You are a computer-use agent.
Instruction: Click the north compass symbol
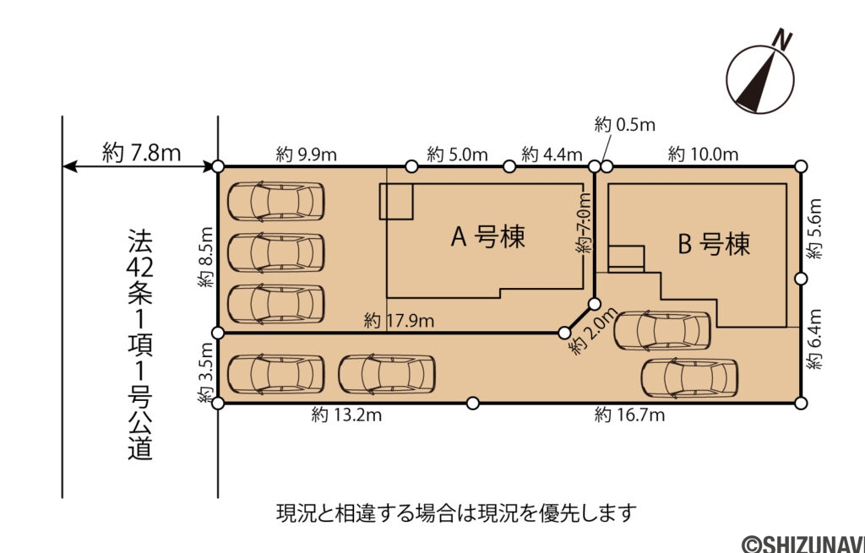click(759, 79)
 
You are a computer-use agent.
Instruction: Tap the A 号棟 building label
click(487, 237)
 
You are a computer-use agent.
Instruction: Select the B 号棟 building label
click(714, 245)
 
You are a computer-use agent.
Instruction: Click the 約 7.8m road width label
click(141, 152)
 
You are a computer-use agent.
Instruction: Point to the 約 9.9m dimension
click(307, 155)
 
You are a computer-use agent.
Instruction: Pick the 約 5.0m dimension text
click(457, 155)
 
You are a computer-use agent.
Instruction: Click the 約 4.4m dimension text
click(552, 155)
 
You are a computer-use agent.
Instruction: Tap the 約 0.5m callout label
click(625, 126)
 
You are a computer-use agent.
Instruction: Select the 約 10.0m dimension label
click(703, 155)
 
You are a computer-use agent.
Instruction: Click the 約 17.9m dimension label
click(400, 321)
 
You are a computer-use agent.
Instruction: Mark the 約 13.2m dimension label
click(346, 415)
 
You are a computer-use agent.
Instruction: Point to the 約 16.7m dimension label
click(629, 415)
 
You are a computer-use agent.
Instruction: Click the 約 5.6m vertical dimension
click(814, 229)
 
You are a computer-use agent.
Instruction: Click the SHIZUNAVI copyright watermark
click(802, 542)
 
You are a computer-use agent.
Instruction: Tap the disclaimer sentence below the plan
click(455, 512)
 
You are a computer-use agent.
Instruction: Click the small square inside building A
click(395, 201)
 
